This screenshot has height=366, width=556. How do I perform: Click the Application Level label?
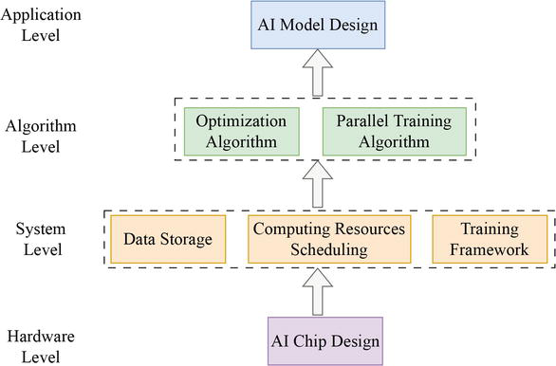(x=43, y=27)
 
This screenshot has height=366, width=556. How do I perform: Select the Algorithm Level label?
(x=41, y=135)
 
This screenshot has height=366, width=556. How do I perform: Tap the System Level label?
(x=41, y=240)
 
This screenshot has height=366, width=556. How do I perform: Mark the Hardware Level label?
(x=41, y=347)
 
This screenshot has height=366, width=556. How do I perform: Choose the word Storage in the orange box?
(x=186, y=239)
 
